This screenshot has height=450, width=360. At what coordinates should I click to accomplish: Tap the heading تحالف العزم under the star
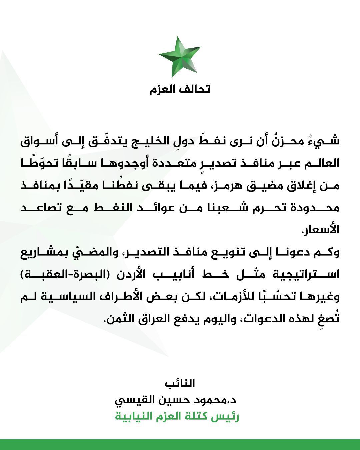tap(180, 89)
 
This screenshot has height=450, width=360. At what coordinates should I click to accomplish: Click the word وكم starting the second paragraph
tap(327, 252)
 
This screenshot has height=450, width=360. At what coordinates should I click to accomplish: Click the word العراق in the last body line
tap(151, 319)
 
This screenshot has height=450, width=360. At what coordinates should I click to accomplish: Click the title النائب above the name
tap(180, 383)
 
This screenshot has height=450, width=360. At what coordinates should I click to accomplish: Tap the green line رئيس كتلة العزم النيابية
tap(177, 416)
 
